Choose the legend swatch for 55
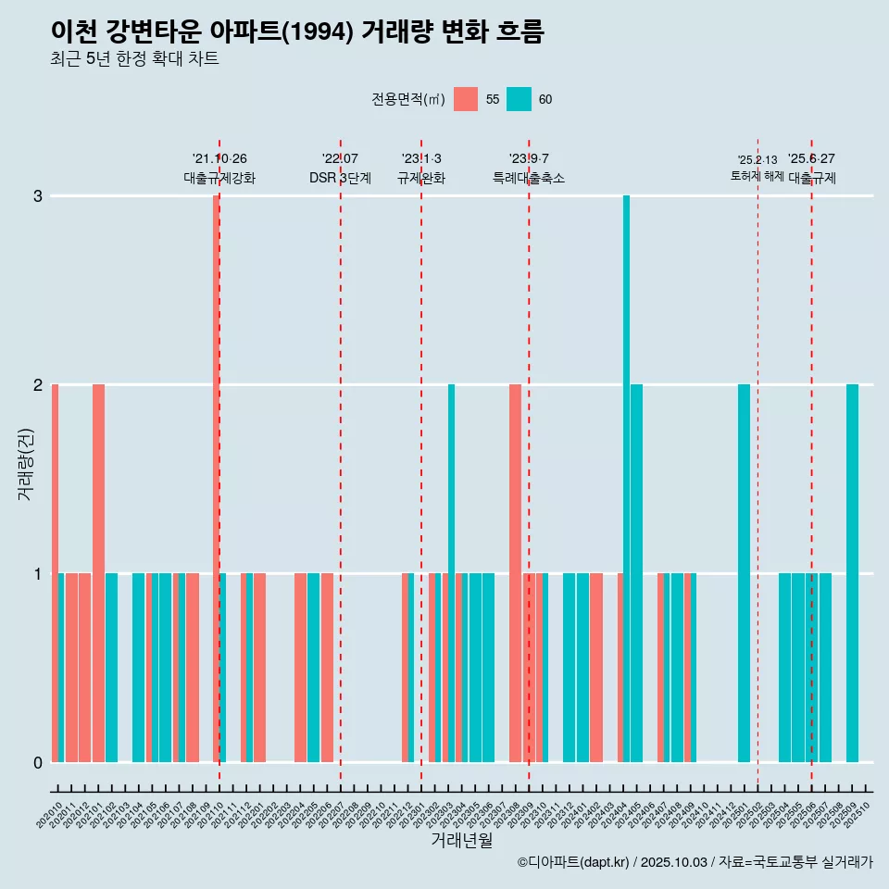pyautogui.click(x=466, y=99)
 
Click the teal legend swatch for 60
pyautogui.click(x=519, y=99)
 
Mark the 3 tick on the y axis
pyautogui.click(x=37, y=196)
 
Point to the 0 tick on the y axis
pyautogui.click(x=37, y=762)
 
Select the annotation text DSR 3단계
pyautogui.click(x=340, y=178)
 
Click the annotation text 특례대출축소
pyautogui.click(x=529, y=178)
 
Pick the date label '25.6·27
pyautogui.click(x=811, y=158)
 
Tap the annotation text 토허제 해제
pyautogui.click(x=758, y=175)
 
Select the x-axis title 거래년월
pyautogui.click(x=461, y=840)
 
